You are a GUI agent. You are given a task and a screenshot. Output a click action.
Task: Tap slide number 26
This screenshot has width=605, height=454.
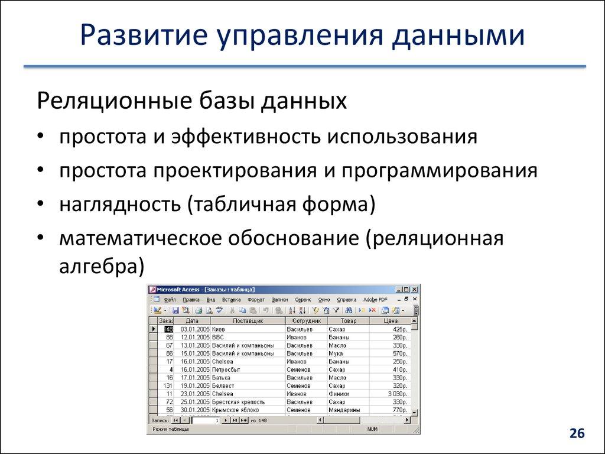(577, 434)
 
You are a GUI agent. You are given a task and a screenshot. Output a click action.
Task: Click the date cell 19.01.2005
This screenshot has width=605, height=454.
(195, 385)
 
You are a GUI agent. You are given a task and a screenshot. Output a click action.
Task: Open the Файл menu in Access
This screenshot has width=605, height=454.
(170, 300)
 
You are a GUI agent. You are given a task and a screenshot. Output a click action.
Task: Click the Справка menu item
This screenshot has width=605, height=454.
(346, 300)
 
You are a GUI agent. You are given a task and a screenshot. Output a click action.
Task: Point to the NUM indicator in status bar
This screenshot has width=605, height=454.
(372, 429)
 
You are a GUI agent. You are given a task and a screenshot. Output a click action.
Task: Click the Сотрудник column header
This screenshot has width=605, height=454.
(305, 320)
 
